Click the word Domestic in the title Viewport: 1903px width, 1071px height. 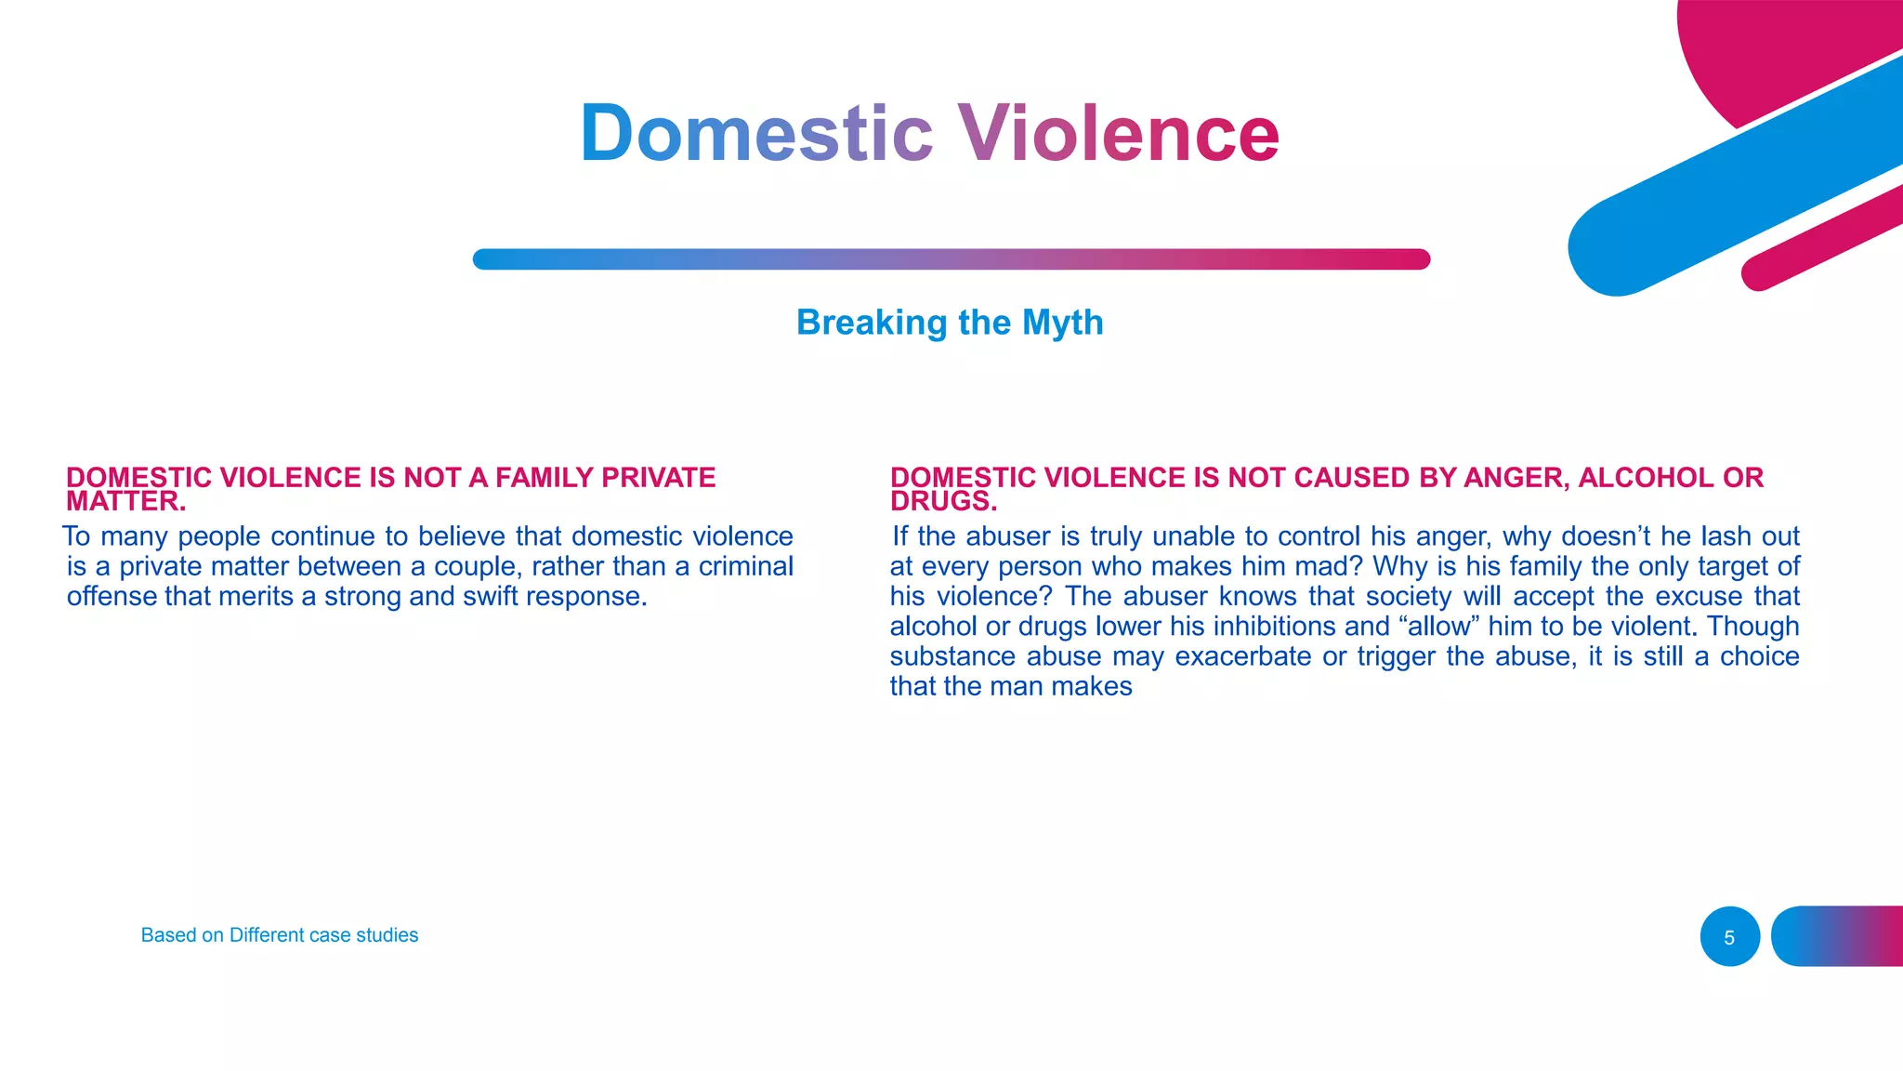[x=755, y=133]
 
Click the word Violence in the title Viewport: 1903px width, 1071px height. [x=1118, y=133]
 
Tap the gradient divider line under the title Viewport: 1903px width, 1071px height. [x=951, y=259]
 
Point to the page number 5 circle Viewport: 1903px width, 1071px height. [x=1729, y=937]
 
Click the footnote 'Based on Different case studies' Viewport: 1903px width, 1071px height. [x=279, y=935]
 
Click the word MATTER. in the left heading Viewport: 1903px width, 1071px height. [x=126, y=502]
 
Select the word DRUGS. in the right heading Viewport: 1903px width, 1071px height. [x=943, y=502]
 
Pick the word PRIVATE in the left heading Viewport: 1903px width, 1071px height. [x=658, y=478]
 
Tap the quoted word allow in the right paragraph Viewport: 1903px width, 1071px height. [x=1438, y=626]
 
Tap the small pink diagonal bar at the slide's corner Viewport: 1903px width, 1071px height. [x=1821, y=238]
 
